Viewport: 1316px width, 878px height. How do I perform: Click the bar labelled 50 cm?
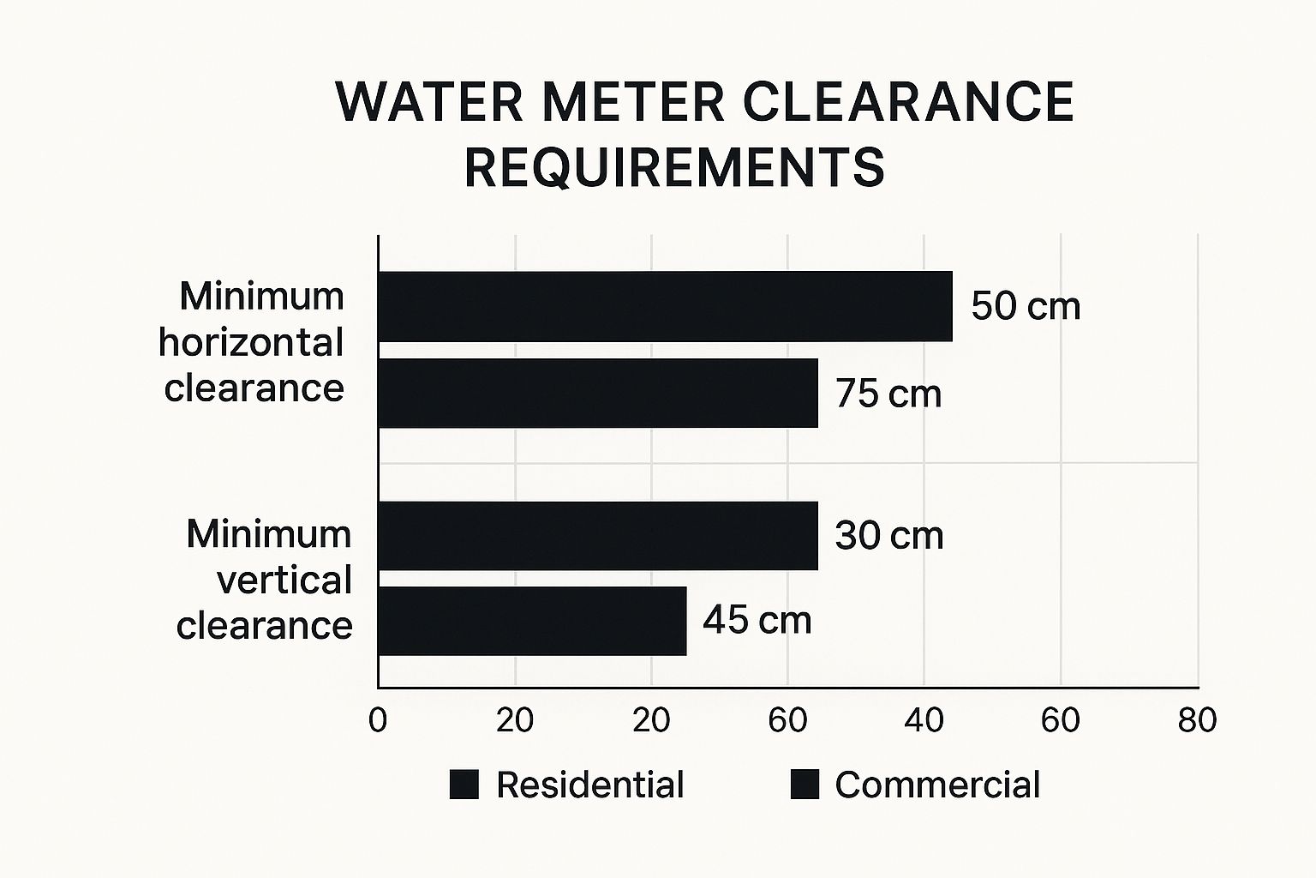[x=665, y=306]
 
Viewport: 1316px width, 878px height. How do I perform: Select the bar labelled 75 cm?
[x=598, y=393]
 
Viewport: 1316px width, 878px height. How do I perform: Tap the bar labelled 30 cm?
[x=598, y=535]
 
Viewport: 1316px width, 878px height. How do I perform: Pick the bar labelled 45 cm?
[x=532, y=621]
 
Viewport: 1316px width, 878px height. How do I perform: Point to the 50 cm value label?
[x=1026, y=306]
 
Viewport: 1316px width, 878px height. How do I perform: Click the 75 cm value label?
[x=888, y=394]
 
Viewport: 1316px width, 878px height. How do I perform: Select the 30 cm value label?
[x=888, y=536]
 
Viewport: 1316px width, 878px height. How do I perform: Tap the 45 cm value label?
[x=757, y=620]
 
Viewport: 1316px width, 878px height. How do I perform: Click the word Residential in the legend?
[x=589, y=785]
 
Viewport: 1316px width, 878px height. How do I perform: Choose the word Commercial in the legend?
[x=937, y=785]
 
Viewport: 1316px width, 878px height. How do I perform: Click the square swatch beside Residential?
[x=464, y=785]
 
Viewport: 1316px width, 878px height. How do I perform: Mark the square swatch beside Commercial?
[x=805, y=785]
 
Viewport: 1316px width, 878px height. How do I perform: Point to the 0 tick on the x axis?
[x=378, y=721]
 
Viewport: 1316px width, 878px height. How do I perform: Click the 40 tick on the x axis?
[x=924, y=721]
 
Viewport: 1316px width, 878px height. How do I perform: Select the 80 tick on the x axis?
[x=1197, y=721]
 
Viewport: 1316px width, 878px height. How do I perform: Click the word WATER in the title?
[x=429, y=102]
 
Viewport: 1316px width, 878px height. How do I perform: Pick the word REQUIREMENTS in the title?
[x=674, y=167]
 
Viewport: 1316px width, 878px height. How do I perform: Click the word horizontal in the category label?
[x=251, y=342]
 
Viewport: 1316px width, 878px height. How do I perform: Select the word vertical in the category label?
[x=284, y=580]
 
